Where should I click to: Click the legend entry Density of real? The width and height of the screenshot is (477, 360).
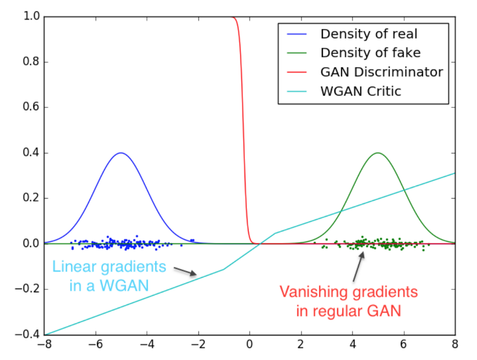pos(369,34)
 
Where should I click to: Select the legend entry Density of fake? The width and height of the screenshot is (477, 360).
pos(370,53)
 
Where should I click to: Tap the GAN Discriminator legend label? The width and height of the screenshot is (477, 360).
pos(381,72)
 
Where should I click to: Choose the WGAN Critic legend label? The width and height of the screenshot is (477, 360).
pos(360,91)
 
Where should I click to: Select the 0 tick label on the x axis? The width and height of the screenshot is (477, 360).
pos(250,345)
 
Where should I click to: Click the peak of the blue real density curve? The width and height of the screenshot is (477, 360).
pos(121,153)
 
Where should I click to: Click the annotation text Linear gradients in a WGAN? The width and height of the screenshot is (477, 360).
pos(109,276)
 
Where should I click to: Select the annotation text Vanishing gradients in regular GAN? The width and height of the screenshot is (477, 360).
pos(349,302)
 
